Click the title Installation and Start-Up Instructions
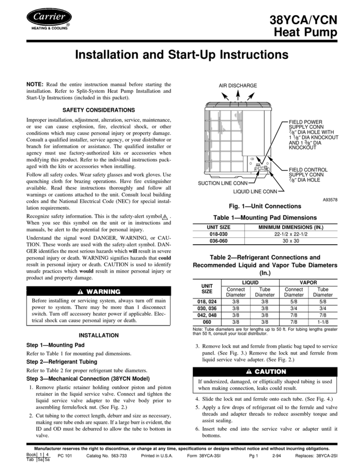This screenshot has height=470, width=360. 180,56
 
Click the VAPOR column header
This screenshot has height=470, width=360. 308,282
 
